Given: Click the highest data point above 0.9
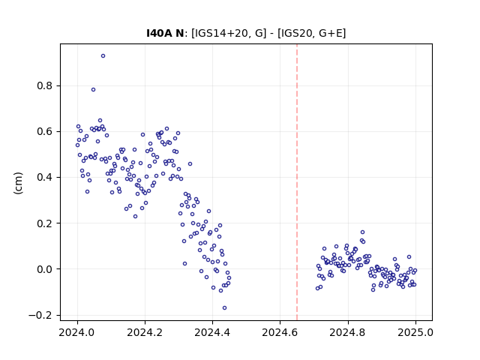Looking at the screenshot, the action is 103,56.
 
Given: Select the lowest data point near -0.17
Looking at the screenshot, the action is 224,308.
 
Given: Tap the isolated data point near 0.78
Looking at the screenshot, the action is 93,90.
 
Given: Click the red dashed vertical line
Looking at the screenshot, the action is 297,182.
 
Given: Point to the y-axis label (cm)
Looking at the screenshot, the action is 18,183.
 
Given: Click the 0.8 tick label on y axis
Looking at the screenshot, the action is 45,85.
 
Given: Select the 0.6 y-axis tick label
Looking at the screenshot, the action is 45,132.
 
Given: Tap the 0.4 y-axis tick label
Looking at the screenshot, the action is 45,177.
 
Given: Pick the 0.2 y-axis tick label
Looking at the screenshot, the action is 45,223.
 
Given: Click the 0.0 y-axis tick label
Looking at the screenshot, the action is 45,269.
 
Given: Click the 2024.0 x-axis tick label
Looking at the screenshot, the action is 77,332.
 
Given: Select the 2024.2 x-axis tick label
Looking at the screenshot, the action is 145,332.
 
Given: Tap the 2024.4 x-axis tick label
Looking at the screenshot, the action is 212,332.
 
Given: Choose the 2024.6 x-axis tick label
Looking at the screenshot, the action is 280,332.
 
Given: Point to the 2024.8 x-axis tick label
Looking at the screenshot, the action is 347,332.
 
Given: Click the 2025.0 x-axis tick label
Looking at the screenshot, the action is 415,332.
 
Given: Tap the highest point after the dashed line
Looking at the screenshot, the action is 362,232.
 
